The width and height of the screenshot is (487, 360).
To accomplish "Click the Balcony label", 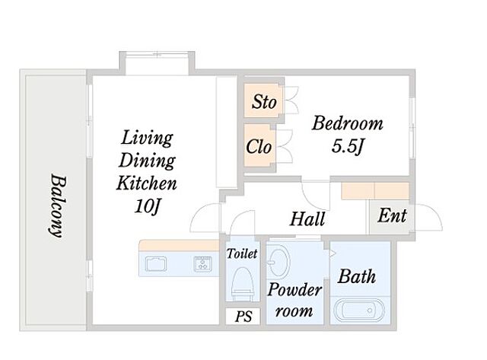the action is click(x=58, y=206).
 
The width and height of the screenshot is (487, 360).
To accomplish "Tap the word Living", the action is click(x=147, y=138).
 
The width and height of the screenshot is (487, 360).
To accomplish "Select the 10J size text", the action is click(x=147, y=205).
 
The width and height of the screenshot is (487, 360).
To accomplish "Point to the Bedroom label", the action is click(x=347, y=123).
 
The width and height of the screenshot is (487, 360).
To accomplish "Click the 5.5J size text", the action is click(x=347, y=146).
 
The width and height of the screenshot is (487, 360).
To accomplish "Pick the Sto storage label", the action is click(x=264, y=102).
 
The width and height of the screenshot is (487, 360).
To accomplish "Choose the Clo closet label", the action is click(x=259, y=146).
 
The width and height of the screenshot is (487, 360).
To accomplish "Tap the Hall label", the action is click(x=307, y=218).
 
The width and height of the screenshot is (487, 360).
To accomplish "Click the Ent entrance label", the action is click(x=392, y=215).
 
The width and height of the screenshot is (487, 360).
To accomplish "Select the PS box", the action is click(x=243, y=317).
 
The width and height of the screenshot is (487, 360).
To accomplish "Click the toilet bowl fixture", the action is click(x=242, y=282).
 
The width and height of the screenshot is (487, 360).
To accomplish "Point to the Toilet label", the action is click(x=242, y=253).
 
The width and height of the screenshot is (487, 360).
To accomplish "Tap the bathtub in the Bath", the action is click(x=359, y=311).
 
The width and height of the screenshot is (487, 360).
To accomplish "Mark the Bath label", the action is click(x=357, y=276).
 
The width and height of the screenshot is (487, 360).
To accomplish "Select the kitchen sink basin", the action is click(x=156, y=263).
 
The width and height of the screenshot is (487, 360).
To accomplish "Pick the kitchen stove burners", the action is click(x=203, y=263).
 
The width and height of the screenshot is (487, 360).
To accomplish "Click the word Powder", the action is click(x=294, y=290).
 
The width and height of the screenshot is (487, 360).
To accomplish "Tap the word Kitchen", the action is click(x=147, y=183).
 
